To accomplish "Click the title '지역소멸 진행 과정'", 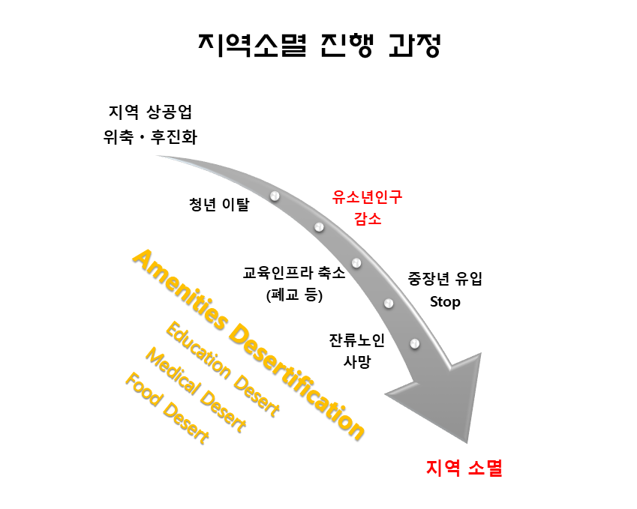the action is click(x=319, y=44).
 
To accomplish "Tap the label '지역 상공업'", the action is click(x=150, y=113).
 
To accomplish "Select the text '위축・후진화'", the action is click(x=150, y=137).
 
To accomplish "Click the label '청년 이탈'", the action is click(x=218, y=204).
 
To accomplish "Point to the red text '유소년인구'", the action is click(x=367, y=197).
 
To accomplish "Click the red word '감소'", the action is click(x=367, y=220).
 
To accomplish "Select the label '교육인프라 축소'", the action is click(x=294, y=273).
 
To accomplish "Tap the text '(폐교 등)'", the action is click(x=294, y=295).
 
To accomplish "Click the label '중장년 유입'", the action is click(x=445, y=279).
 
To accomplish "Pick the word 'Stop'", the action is click(x=445, y=302).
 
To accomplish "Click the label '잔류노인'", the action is click(x=357, y=340).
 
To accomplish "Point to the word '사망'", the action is click(x=357, y=361).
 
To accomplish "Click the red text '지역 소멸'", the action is click(x=464, y=469).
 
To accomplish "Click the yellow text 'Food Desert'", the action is click(x=166, y=409).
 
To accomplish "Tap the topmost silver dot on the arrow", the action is click(x=275, y=196).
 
